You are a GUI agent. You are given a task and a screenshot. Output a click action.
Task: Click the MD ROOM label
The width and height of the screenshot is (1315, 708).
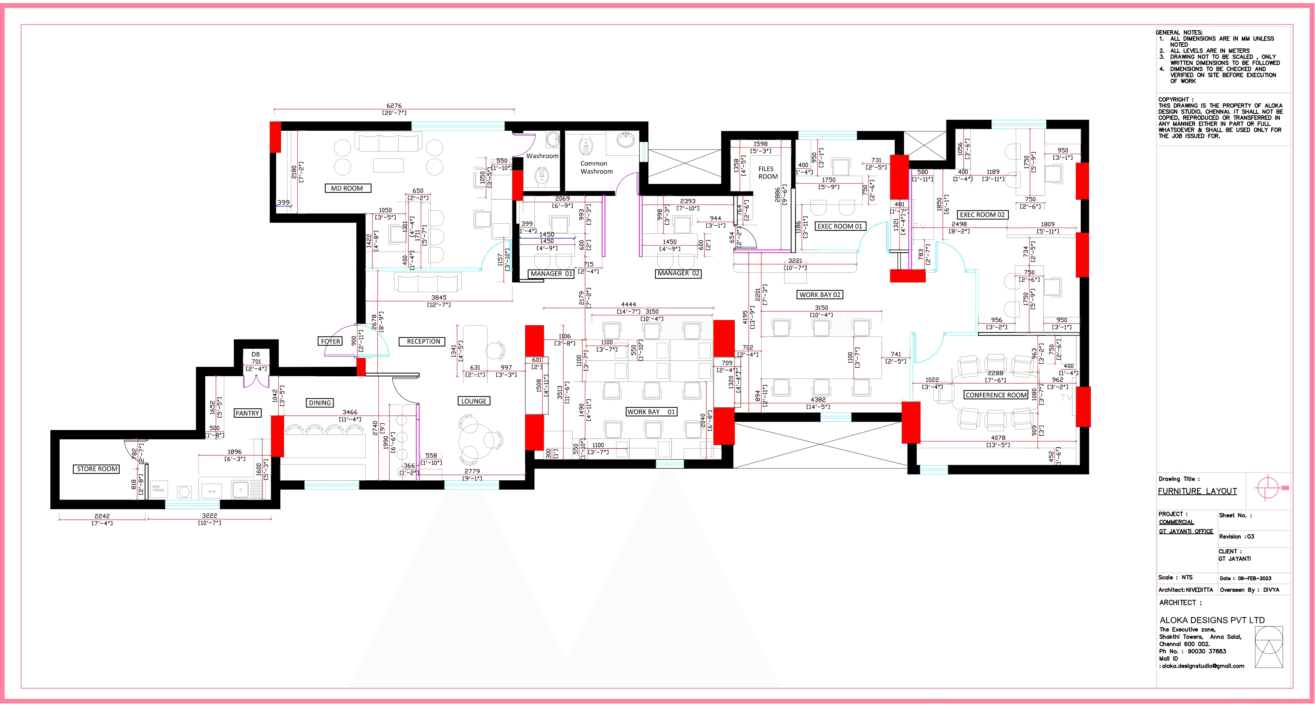[x=347, y=188]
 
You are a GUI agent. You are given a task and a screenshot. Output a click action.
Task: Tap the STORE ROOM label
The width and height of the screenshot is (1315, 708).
[x=97, y=469]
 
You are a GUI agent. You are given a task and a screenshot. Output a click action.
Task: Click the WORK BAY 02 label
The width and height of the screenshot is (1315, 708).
[x=819, y=294]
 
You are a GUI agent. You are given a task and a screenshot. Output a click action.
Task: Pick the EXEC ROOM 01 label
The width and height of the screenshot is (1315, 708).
[x=840, y=226]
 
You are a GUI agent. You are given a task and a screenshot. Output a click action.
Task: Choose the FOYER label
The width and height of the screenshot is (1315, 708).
[x=330, y=341]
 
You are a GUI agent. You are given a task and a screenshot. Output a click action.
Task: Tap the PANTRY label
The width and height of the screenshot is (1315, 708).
[x=247, y=413]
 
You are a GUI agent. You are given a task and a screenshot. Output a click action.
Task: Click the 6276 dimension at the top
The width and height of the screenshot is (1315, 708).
[x=394, y=106]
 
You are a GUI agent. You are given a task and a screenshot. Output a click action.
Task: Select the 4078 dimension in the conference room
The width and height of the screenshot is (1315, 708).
[x=998, y=438]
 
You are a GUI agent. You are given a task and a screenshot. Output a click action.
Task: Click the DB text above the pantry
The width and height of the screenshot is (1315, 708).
[x=256, y=354]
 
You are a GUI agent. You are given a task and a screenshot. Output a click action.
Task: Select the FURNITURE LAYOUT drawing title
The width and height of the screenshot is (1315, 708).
[x=1197, y=491]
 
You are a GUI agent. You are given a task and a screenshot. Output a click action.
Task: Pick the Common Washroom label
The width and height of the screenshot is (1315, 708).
[x=596, y=167]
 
